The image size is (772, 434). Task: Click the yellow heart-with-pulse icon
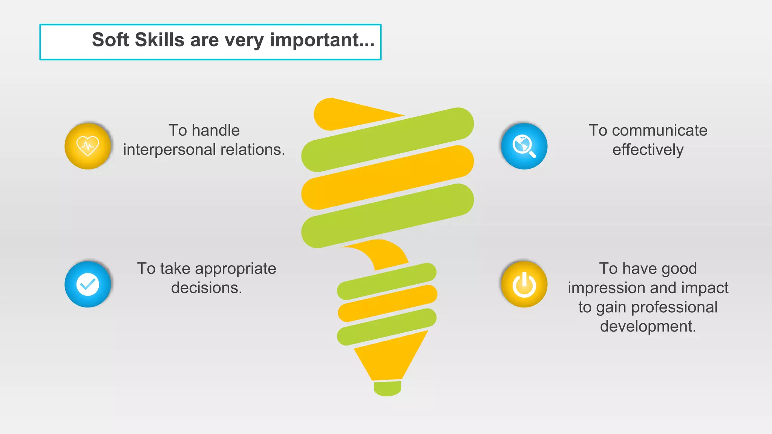tap(88, 146)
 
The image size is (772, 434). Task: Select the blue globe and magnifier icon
tap(524, 146)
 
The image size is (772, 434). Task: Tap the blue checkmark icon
tap(88, 284)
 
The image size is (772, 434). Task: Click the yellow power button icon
tap(524, 284)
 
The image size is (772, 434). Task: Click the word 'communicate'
tap(659, 131)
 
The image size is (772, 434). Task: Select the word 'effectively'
tap(648, 150)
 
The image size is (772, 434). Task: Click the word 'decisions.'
tap(206, 288)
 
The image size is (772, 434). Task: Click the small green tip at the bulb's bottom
tap(387, 388)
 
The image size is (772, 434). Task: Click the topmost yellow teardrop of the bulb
tap(339, 114)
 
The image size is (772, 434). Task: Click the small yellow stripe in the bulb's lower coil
tap(387, 303)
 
